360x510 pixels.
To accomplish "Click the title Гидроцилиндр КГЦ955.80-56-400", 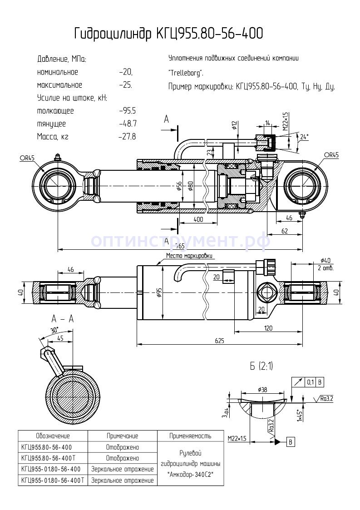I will pyautogui.click(x=168, y=34).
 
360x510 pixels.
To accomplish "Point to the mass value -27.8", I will pyautogui.click(x=127, y=136).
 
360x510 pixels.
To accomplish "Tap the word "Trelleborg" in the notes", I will pyautogui.click(x=186, y=73).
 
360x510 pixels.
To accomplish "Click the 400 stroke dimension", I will pyautogui.click(x=197, y=219).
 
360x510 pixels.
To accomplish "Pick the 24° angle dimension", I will pyautogui.click(x=304, y=136).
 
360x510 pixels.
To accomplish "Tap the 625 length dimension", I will pyautogui.click(x=220, y=341).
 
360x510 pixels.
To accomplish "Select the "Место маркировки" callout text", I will pyautogui.click(x=189, y=256).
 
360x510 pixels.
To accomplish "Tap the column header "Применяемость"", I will pyautogui.click(x=190, y=436).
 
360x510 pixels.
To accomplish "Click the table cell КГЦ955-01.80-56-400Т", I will pyautogui.click(x=53, y=480).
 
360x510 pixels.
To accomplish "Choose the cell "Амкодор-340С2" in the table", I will pyautogui.click(x=190, y=474).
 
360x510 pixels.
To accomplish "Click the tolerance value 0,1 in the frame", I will pyautogui.click(x=311, y=382).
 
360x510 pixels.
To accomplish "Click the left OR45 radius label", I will pyautogui.click(x=27, y=158).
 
